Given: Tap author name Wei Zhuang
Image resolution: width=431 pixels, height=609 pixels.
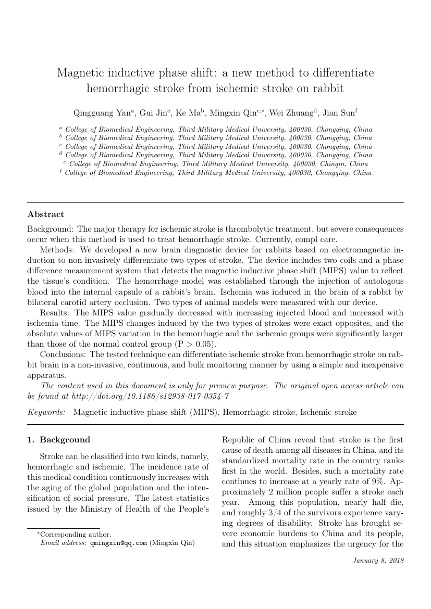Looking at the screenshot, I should (282, 113).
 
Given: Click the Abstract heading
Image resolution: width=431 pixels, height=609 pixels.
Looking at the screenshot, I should (46, 214).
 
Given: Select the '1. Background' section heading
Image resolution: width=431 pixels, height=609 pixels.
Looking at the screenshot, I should (58, 440).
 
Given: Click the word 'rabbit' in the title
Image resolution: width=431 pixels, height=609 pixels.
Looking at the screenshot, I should (329, 88).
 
